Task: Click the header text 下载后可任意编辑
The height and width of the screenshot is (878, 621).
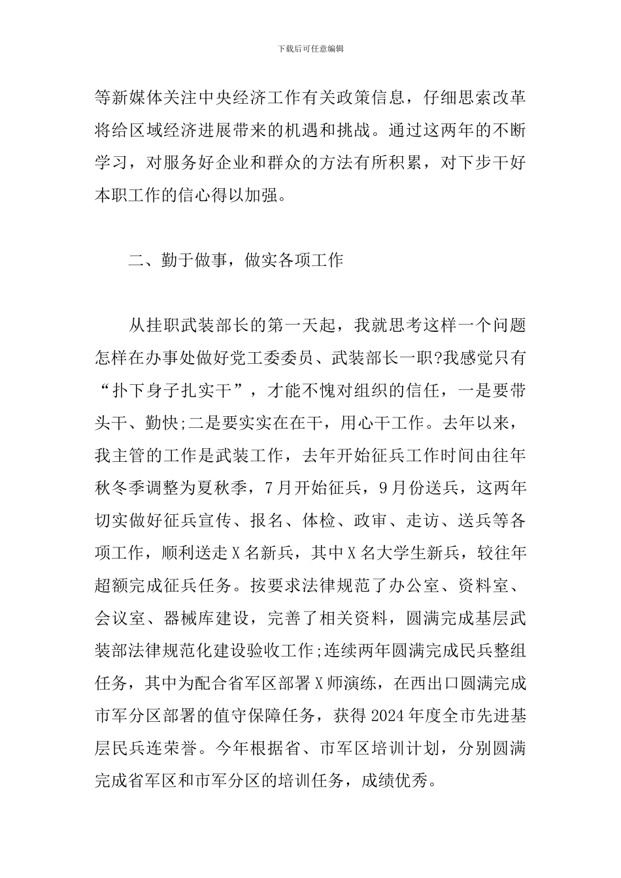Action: point(310,49)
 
